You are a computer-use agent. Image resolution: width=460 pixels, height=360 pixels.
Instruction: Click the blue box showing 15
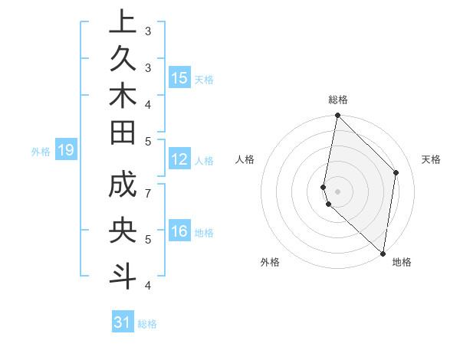[179, 78]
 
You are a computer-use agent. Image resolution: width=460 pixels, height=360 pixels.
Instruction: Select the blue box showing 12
[179, 160]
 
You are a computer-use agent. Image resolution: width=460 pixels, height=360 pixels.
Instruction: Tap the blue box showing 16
[179, 232]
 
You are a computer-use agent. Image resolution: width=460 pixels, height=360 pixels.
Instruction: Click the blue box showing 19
[65, 150]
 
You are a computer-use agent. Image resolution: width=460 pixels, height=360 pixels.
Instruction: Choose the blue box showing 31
[123, 322]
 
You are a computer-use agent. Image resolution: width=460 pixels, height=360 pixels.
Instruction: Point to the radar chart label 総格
[338, 100]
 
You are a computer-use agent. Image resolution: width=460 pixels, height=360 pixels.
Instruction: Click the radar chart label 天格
[431, 159]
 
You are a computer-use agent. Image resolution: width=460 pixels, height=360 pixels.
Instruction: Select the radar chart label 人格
[245, 159]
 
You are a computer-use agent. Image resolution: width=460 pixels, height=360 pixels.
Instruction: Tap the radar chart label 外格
[270, 262]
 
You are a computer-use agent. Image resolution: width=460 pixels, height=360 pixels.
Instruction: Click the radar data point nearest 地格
[383, 254]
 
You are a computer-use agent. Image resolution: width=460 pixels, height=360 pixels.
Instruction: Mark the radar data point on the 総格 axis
[337, 116]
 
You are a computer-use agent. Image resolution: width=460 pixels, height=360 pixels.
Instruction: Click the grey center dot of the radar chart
[337, 191]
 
